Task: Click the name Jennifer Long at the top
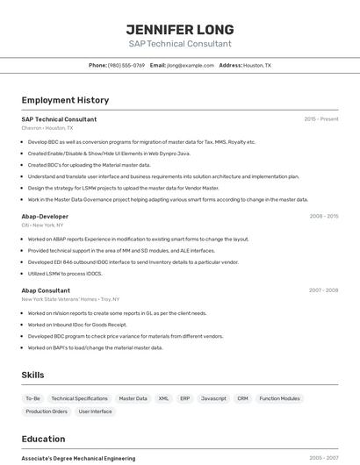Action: click(180, 30)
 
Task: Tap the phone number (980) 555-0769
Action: click(126, 65)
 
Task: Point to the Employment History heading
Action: click(65, 100)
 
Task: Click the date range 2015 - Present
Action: click(321, 118)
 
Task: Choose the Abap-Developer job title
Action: click(45, 216)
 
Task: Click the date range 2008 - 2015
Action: click(324, 216)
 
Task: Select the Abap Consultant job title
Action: click(46, 290)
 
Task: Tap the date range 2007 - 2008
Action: click(323, 290)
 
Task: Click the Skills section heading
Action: click(32, 375)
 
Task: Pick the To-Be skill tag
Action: click(32, 398)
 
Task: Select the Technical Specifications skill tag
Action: click(79, 398)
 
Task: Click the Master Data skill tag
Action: click(133, 398)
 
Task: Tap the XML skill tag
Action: click(163, 398)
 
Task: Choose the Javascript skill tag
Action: click(213, 398)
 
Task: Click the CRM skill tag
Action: click(242, 398)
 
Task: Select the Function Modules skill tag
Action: click(279, 398)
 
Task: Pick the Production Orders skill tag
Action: click(47, 411)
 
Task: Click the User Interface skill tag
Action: click(96, 411)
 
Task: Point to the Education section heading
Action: click(43, 439)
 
